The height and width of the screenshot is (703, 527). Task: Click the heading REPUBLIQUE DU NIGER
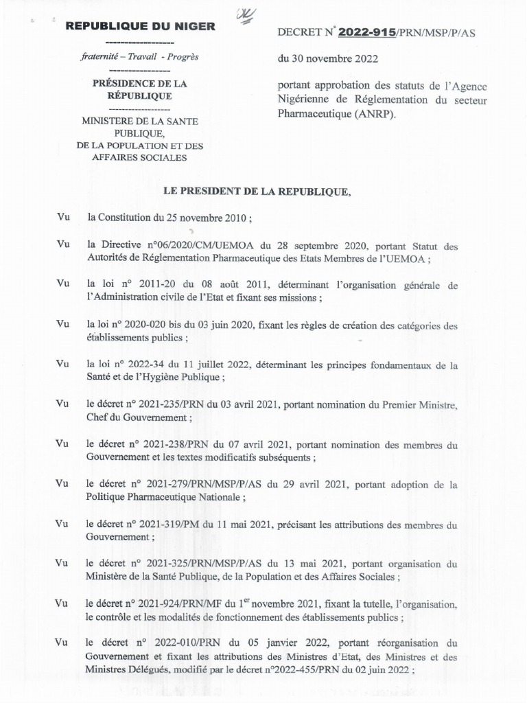140,27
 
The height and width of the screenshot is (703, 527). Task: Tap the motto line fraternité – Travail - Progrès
139,57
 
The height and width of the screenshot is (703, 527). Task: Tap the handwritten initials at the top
244,13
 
